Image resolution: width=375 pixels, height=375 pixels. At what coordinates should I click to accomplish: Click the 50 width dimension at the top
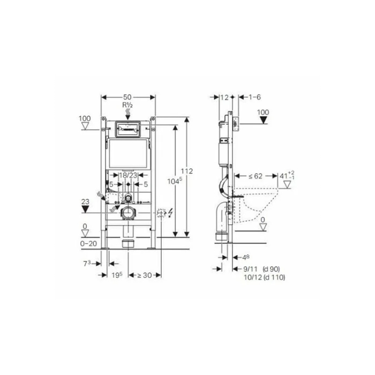click(x=127, y=97)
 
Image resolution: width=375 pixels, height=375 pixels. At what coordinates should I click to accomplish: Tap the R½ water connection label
click(x=127, y=106)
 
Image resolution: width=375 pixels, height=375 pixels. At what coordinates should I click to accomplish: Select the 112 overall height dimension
click(x=187, y=171)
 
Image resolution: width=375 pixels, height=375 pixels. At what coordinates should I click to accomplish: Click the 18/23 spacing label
click(x=127, y=175)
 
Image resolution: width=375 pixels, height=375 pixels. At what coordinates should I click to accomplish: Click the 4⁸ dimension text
click(x=244, y=258)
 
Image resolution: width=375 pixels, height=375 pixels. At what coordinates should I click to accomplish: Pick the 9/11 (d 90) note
click(x=262, y=269)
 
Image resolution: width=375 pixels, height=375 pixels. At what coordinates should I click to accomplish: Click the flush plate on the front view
click(x=127, y=129)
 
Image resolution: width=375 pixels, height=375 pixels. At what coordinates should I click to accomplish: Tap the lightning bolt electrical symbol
click(x=170, y=213)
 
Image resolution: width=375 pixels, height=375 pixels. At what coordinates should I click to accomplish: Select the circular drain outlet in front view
click(x=128, y=213)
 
